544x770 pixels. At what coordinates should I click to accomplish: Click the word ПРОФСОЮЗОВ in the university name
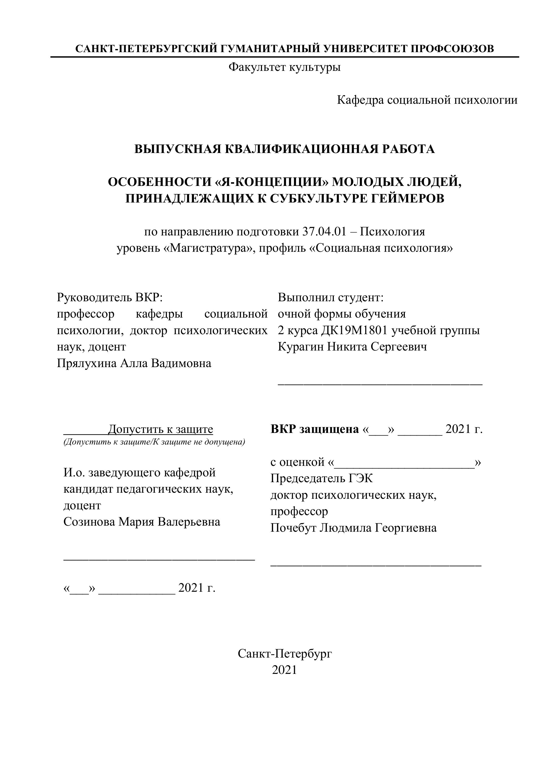pos(452,49)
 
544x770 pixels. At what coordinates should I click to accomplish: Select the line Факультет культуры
pos(284,67)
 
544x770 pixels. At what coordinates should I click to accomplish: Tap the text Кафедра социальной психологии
pos(427,100)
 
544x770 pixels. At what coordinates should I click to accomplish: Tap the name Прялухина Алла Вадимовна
pos(134,363)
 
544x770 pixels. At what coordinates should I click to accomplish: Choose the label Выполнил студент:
pos(331,297)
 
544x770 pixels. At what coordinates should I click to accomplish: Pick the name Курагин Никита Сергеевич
pos(352,347)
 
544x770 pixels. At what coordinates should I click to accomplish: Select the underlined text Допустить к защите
pos(160,429)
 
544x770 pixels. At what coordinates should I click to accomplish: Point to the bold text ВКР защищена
pos(315,429)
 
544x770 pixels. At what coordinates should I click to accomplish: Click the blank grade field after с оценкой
pos(404,463)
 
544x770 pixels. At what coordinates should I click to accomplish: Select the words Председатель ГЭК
pos(321,478)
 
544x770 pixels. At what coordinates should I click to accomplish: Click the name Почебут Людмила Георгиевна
pos(353,528)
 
